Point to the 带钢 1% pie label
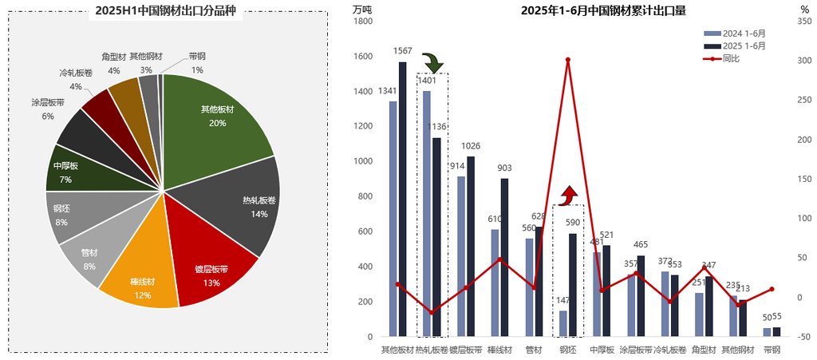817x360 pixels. click(x=197, y=63)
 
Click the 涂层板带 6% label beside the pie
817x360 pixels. click(x=48, y=109)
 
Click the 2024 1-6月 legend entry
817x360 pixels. click(x=735, y=34)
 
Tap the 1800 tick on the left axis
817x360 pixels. click(x=363, y=22)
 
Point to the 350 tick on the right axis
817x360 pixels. click(x=803, y=22)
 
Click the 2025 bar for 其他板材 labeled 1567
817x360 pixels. click(x=403, y=199)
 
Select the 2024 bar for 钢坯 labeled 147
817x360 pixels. click(x=563, y=323)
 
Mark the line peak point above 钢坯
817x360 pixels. click(x=568, y=60)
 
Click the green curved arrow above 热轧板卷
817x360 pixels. click(x=432, y=62)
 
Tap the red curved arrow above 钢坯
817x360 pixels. click(x=568, y=194)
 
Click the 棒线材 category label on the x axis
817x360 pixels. click(x=499, y=350)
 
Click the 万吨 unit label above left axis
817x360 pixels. click(x=361, y=10)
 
